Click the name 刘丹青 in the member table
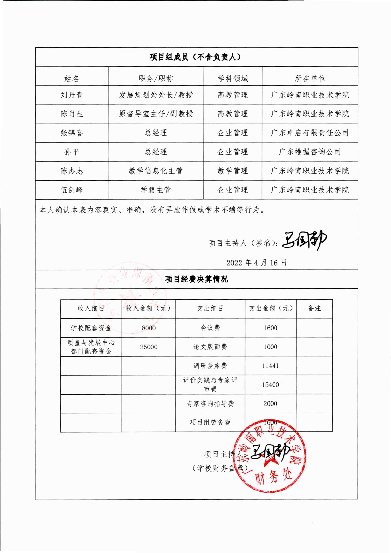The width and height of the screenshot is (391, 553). click(72, 95)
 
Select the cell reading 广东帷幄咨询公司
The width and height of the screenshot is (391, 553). click(310, 152)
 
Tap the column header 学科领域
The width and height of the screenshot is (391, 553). click(233, 79)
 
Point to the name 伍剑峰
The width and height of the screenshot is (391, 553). click(72, 190)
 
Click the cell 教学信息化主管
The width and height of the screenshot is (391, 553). click(156, 171)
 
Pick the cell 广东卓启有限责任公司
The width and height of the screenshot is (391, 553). click(310, 133)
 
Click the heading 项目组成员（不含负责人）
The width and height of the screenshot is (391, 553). click(195, 57)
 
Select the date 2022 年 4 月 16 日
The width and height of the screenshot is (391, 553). click(256, 263)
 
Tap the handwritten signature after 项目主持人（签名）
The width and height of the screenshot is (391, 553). click(304, 241)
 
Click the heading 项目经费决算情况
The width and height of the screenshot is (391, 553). click(196, 279)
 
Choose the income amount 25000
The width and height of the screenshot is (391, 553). click(149, 347)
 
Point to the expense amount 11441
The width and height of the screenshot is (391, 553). click(270, 366)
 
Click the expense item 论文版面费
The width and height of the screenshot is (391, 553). click(210, 347)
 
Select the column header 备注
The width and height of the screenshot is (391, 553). click(314, 308)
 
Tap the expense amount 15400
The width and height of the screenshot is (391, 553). click(270, 385)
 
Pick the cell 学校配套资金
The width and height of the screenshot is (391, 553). click(91, 328)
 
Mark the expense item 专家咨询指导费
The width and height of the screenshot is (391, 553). click(210, 404)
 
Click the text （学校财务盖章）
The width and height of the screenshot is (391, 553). click(220, 468)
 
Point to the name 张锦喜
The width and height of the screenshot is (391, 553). click(72, 133)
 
